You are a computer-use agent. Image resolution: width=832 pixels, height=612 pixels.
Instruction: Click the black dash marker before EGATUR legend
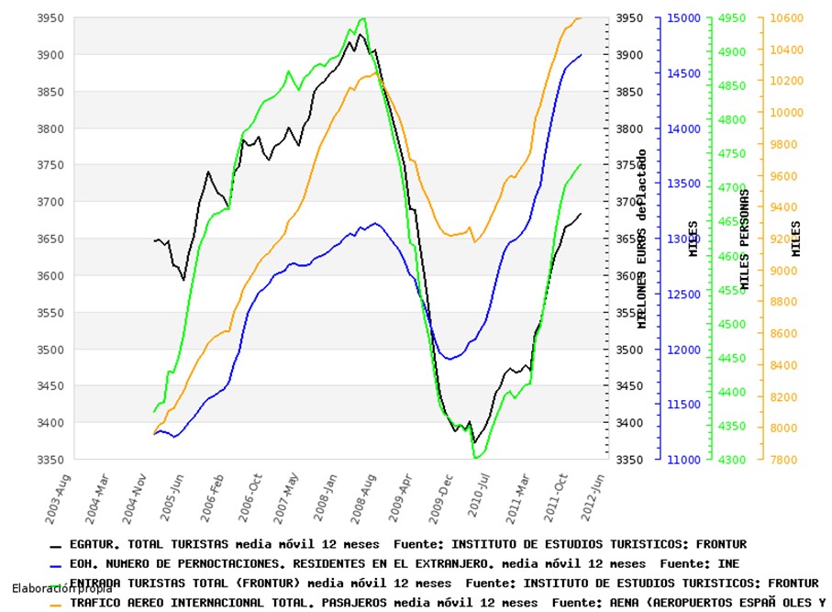tap(56, 545)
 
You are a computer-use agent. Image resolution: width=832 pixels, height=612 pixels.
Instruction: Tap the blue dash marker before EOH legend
tap(56, 564)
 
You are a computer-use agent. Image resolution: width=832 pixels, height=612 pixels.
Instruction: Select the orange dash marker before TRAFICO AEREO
tap(56, 603)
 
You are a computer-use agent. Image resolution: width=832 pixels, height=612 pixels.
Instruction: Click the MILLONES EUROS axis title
tap(642, 239)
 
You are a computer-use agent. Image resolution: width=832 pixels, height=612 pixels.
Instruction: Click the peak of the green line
tap(362, 18)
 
